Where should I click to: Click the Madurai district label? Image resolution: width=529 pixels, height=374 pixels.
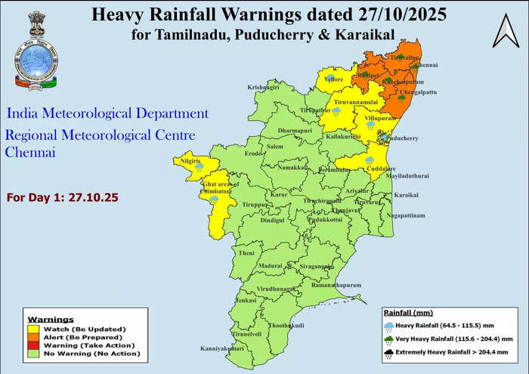[x=270, y=267]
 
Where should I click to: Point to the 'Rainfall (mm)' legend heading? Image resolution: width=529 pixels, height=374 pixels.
[x=409, y=311]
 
